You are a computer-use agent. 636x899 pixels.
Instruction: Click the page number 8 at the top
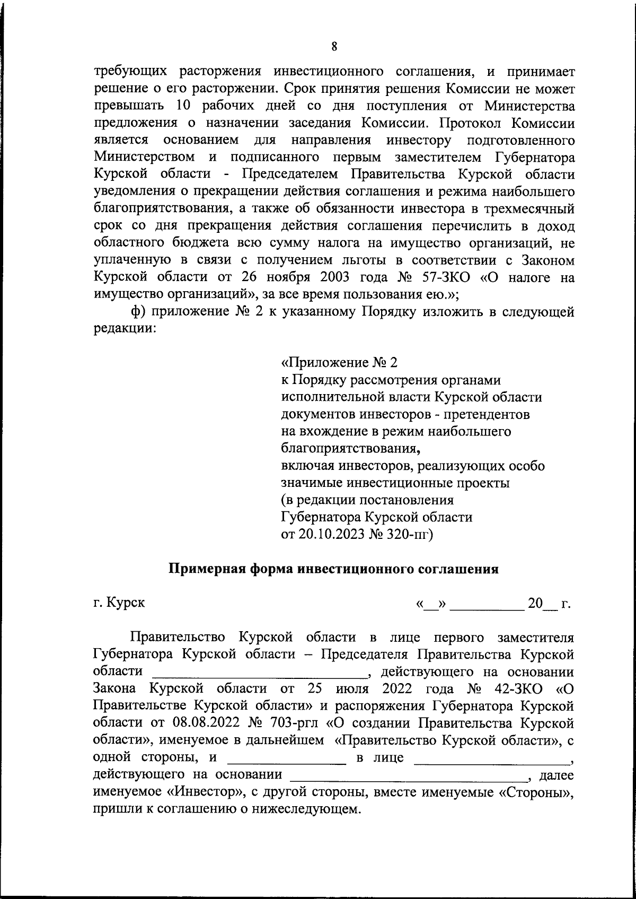[334, 46]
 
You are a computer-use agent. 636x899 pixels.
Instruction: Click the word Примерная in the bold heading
[205, 569]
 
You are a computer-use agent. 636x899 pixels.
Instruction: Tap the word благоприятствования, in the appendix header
[350, 449]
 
